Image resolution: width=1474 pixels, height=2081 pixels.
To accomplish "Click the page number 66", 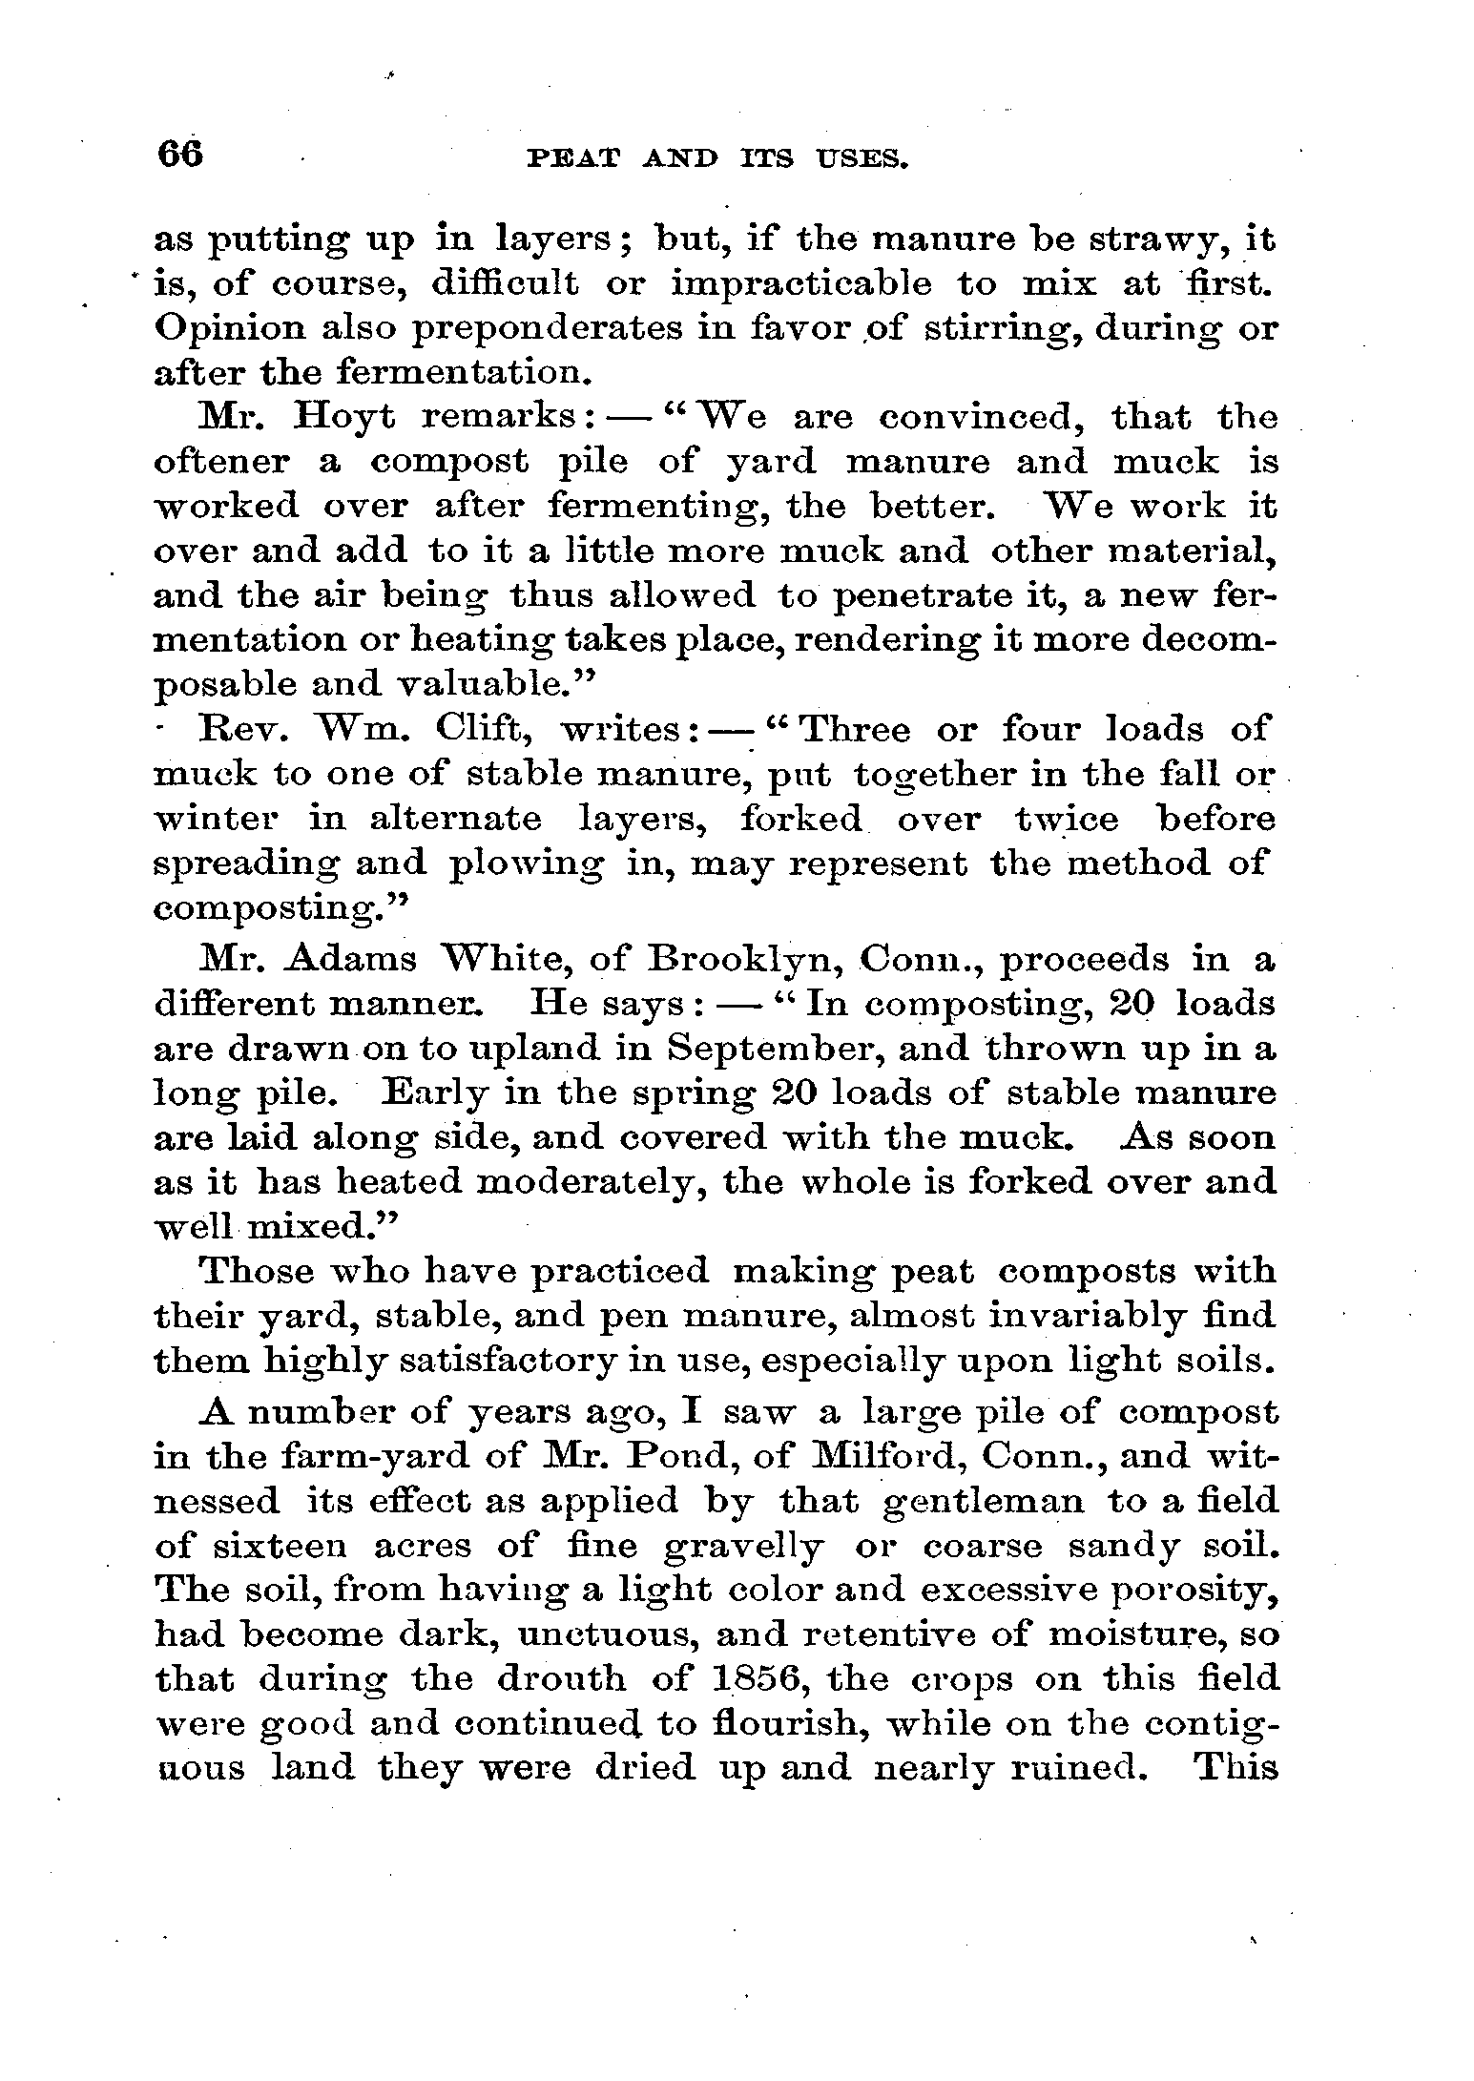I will click(x=180, y=154).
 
